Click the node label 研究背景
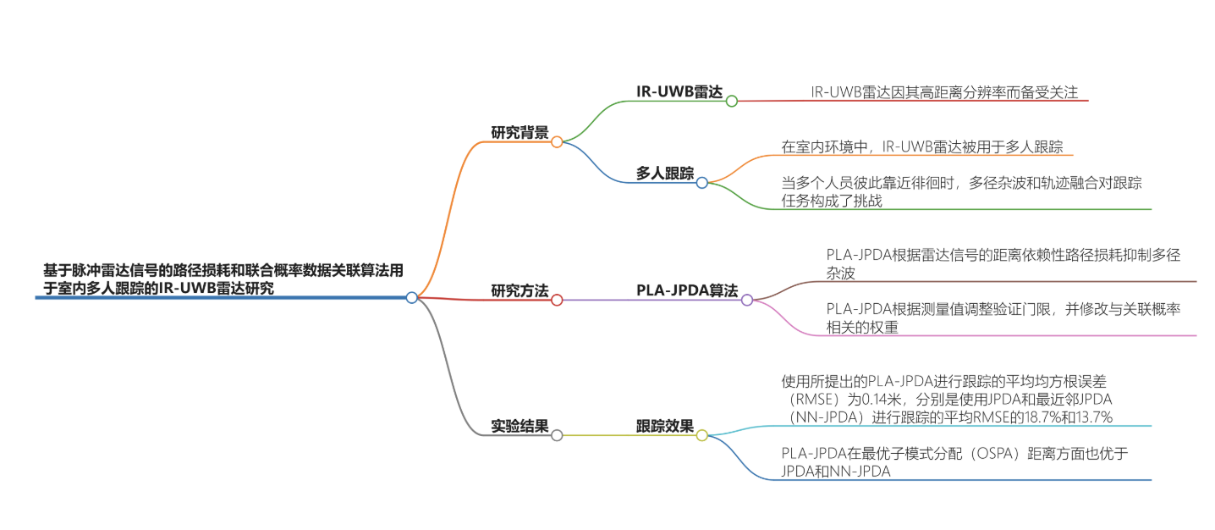520,132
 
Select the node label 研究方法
520,290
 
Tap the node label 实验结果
520,426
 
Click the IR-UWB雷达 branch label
679,91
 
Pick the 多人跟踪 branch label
665,173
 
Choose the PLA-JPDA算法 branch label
687,290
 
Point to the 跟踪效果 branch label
665,426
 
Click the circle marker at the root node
411,297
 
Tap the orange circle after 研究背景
557,142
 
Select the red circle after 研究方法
557,300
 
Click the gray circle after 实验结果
557,435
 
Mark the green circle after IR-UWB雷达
732,101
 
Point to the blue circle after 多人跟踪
701,182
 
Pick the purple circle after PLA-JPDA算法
747,300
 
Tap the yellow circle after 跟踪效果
701,435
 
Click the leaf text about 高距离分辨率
943,92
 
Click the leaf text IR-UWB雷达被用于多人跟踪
922,146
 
